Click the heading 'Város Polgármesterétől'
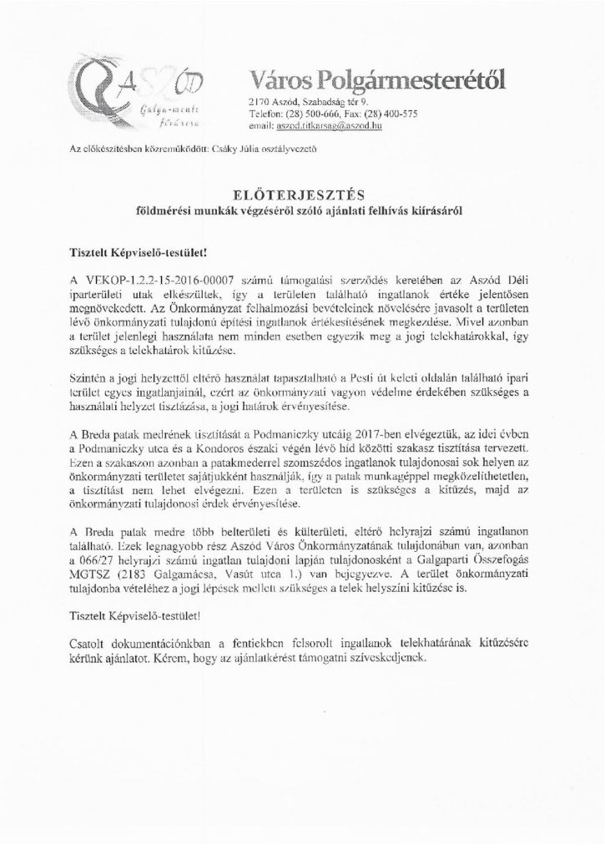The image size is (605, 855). point(376,80)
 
